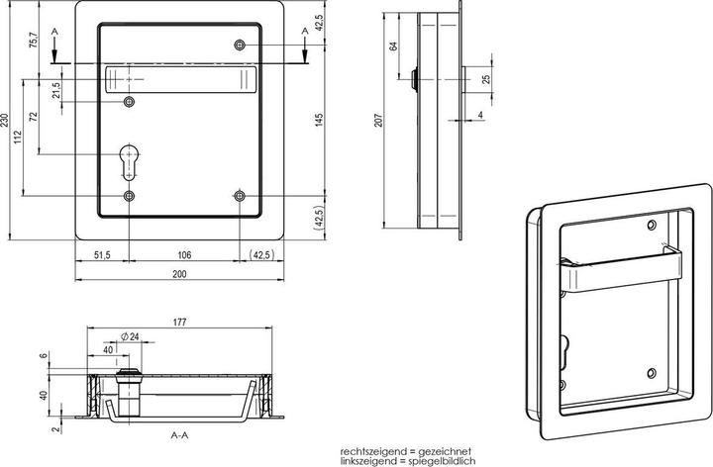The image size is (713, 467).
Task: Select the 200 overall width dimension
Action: [178, 276]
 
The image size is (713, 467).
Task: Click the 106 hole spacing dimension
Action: [184, 255]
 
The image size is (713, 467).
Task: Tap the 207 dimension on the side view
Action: [380, 121]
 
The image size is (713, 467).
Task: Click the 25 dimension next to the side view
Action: [484, 79]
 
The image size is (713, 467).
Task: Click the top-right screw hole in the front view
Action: [240, 46]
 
